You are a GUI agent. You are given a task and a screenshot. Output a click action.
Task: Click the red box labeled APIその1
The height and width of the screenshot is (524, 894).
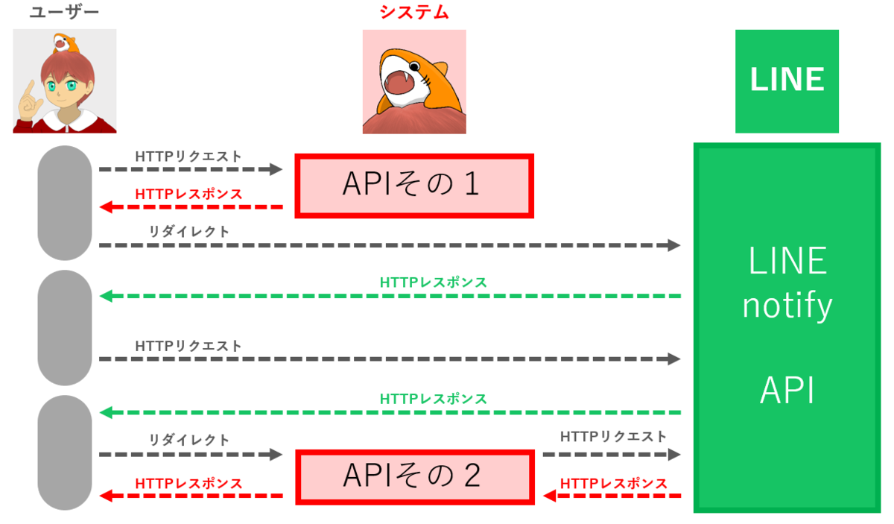tap(414, 186)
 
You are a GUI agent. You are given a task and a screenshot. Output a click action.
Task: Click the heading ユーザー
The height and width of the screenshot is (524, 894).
tap(65, 12)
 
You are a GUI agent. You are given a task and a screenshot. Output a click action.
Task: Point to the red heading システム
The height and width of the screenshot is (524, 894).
tap(414, 12)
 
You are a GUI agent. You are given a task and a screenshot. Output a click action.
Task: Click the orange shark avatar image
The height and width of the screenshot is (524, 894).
tap(414, 81)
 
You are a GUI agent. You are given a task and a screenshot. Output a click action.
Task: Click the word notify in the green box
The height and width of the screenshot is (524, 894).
tap(787, 306)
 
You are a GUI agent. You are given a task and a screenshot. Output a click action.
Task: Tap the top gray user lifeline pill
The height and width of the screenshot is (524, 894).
tap(65, 203)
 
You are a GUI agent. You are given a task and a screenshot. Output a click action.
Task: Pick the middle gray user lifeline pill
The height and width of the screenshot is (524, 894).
tap(65, 328)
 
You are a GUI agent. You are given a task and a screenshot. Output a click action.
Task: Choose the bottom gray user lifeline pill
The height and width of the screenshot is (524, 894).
tap(65, 453)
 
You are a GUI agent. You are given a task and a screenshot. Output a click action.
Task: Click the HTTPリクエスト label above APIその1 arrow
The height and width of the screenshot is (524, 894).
tap(188, 157)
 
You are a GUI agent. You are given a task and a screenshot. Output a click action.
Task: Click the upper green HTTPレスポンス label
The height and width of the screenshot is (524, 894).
tap(433, 282)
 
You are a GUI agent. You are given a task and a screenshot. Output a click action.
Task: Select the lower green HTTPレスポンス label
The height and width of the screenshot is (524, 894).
tap(433, 399)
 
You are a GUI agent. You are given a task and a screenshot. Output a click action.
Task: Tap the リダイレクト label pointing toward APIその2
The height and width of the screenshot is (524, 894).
tap(189, 440)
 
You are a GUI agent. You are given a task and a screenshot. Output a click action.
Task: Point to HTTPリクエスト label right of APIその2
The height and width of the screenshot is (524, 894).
tap(613, 437)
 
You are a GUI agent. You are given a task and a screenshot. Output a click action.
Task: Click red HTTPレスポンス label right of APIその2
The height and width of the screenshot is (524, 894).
tap(613, 484)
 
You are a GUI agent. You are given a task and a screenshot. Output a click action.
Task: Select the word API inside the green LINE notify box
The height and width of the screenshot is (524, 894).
tap(787, 391)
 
